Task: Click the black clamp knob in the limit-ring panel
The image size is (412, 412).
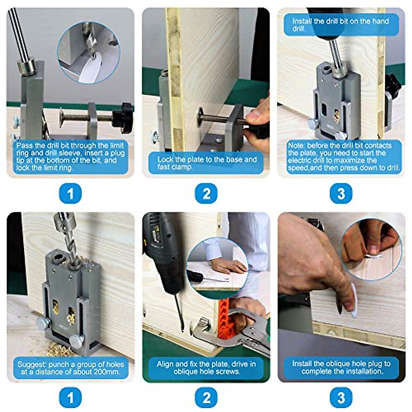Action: pyautogui.click(x=123, y=118)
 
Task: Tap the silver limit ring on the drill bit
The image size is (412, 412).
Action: pyautogui.click(x=26, y=68)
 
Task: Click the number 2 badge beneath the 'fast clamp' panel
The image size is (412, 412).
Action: pyautogui.click(x=206, y=194)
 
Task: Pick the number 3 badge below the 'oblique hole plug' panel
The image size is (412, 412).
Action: pyautogui.click(x=341, y=398)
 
